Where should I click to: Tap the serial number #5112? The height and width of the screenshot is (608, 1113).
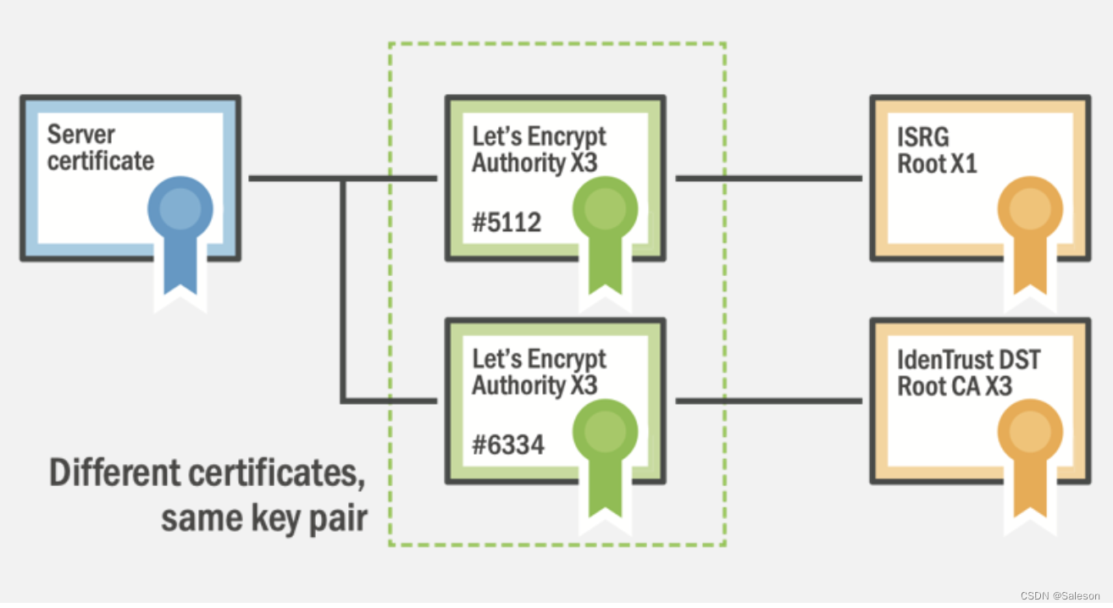pos(507,222)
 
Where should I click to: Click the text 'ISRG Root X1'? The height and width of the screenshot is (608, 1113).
pos(937,150)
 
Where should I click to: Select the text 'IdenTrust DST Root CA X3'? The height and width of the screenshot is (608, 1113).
pos(968,373)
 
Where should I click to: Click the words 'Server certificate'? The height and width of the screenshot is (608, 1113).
pos(100,147)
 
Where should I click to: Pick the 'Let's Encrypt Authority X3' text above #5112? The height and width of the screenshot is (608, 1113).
pos(539,149)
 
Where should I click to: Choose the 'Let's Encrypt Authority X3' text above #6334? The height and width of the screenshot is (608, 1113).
pos(539,372)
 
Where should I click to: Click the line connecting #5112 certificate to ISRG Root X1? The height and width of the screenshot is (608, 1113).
pos(767,179)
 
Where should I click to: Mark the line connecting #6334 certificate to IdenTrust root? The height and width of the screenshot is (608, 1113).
pos(767,401)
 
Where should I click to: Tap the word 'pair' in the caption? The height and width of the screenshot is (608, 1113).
pos(339,517)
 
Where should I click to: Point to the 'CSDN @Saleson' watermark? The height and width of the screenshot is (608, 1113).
pos(1060,595)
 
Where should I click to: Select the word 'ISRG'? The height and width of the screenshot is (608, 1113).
pos(923,136)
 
